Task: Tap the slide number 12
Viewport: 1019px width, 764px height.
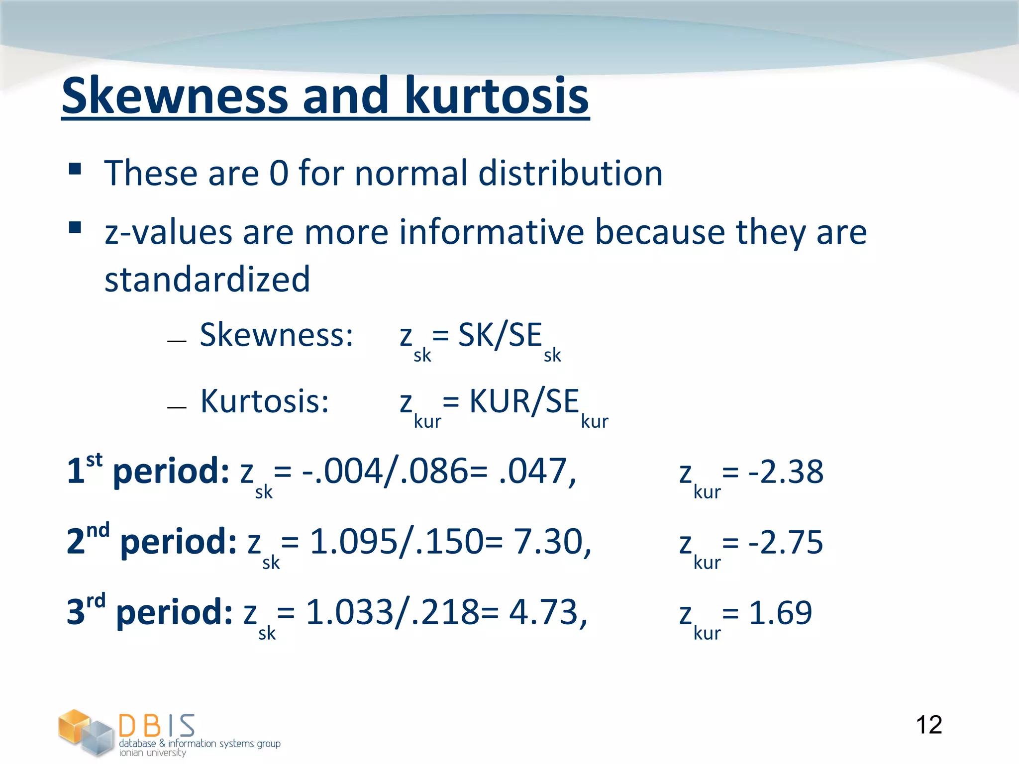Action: pos(928,725)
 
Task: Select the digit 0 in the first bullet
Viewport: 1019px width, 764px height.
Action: pos(279,174)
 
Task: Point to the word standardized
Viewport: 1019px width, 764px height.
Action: pos(207,279)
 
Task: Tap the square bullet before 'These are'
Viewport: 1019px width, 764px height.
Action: pos(75,169)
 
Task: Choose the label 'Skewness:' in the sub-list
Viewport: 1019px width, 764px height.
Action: pos(277,335)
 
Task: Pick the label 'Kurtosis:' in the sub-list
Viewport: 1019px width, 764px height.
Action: pos(265,401)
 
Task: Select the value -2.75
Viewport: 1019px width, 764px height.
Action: pos(786,542)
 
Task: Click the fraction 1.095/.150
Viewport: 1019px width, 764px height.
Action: pos(396,542)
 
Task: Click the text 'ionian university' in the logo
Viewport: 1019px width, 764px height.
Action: pos(152,753)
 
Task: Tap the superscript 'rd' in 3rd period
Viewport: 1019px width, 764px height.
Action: pos(96,601)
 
